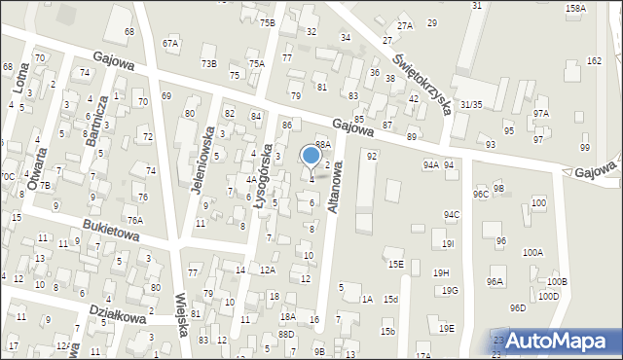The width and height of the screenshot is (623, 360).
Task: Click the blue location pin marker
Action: pos(311,156)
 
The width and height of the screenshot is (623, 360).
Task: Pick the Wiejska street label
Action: pos(181,314)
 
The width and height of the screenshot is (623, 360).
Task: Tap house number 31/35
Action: pos(471,104)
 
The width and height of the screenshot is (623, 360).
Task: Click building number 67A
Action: pos(171,43)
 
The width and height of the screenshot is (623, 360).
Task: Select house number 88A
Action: pos(323,144)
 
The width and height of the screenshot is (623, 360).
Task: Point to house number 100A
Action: pos(532,252)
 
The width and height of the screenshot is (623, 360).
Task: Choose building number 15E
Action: pos(394,264)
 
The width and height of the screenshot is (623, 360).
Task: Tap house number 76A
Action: pos(134,220)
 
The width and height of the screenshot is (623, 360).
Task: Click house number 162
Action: pos(594,60)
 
